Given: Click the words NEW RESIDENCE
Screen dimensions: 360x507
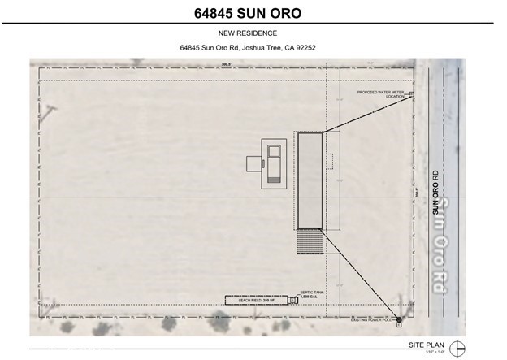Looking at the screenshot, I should tap(253, 33).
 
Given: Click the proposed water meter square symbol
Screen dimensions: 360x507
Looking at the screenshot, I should tap(411, 95).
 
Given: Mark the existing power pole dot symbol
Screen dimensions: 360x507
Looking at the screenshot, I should tap(398, 319).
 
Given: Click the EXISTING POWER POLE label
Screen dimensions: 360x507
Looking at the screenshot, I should tap(371, 320).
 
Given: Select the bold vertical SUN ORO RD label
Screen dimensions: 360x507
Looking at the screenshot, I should tap(435, 192).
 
